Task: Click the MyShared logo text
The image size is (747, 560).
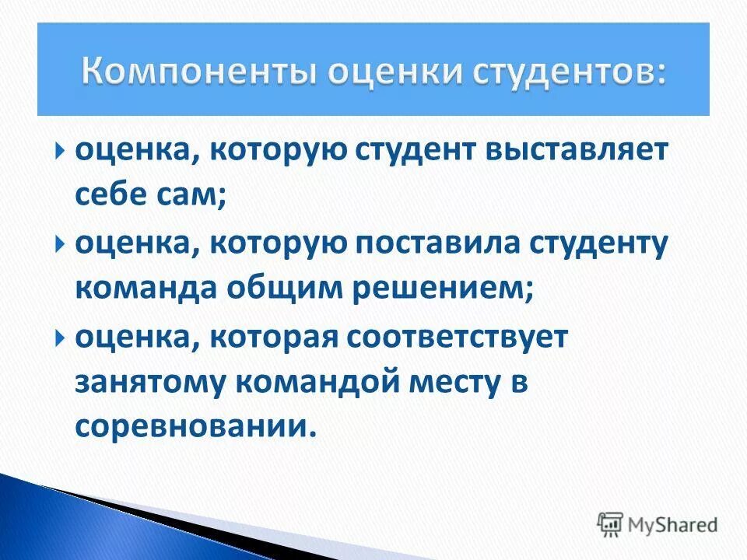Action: point(673,524)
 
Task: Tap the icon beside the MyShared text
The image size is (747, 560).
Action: point(611,523)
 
